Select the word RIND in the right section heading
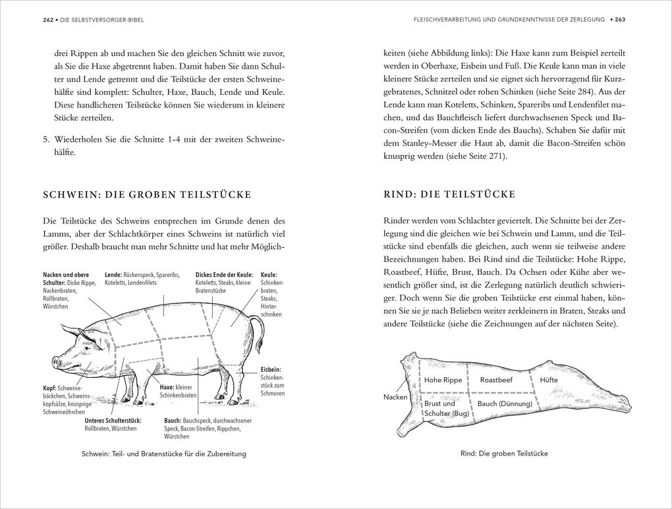399,195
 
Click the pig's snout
55,362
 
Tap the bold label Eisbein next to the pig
271,371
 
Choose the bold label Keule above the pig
269,275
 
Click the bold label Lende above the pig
113,275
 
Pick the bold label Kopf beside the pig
49,388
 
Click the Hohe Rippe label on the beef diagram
443,380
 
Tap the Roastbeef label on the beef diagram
496,380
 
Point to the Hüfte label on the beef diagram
548,380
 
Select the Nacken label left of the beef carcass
395,397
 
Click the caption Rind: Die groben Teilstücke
504,454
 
